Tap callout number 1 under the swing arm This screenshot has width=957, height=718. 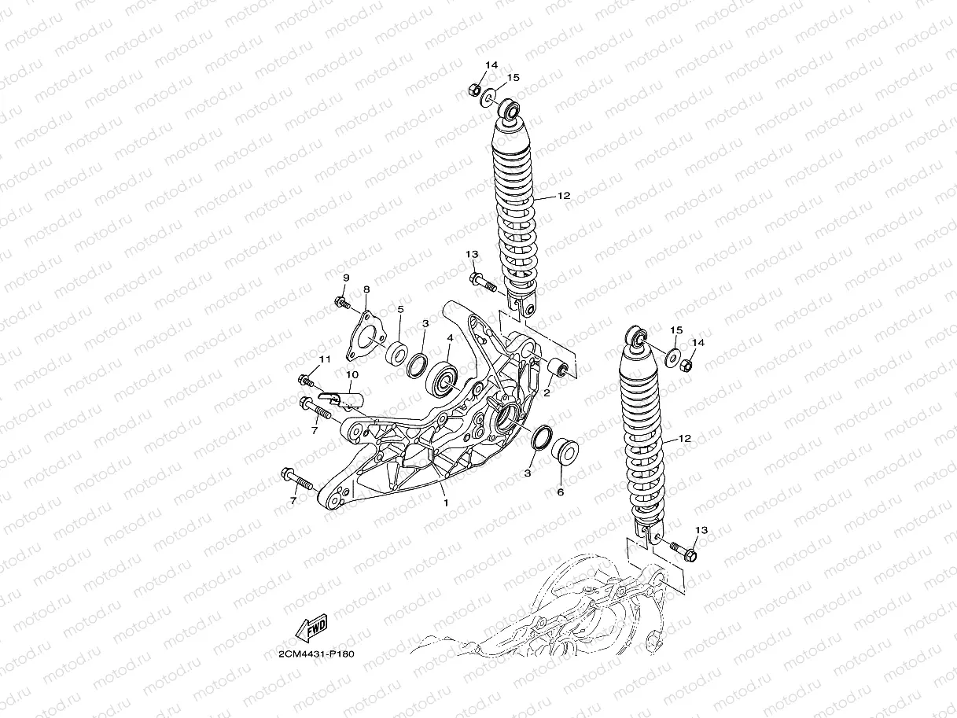[x=445, y=501]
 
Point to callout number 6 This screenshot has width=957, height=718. [x=561, y=492]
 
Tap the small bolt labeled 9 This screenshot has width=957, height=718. [x=341, y=301]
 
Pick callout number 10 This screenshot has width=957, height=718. [x=352, y=374]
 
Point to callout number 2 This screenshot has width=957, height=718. [x=546, y=392]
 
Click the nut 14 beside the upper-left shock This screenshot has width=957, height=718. [x=477, y=89]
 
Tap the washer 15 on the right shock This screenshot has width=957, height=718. [x=673, y=356]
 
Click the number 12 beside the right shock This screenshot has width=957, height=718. [x=684, y=438]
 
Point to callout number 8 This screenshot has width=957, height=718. [x=366, y=290]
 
